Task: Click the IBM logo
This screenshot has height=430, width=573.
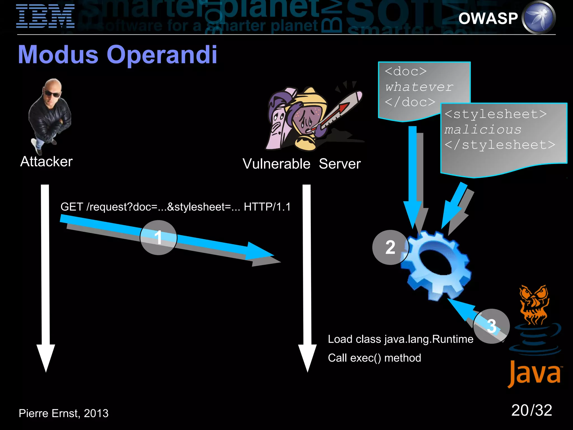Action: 45,16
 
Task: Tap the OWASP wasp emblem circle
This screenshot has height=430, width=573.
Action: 539,18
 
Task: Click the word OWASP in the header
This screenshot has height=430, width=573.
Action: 488,18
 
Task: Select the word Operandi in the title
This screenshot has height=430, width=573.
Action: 162,55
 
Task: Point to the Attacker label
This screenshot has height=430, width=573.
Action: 46,162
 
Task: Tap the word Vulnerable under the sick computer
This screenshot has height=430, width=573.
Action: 276,164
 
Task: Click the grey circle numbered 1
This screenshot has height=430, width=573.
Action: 158,237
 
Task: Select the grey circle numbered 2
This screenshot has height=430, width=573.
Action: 390,247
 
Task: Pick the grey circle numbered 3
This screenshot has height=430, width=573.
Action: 492,326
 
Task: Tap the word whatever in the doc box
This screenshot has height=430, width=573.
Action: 419,87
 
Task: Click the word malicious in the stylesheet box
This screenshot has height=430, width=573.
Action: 483,130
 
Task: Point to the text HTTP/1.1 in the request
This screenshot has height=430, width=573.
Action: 267,207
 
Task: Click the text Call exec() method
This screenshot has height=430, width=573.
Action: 374,358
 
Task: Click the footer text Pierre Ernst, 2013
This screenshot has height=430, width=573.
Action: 64,413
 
